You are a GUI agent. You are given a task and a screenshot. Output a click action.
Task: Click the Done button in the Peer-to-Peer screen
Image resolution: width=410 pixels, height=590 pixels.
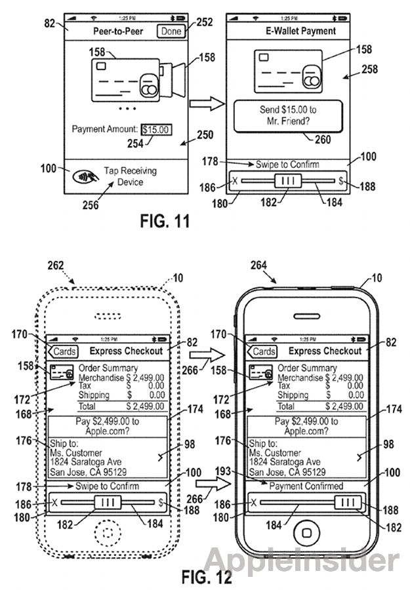coord(171,31)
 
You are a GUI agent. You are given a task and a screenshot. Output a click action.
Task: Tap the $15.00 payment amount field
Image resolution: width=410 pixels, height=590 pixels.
coord(156,130)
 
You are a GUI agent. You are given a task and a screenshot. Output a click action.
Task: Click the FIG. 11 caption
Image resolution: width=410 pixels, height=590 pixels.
coord(165,221)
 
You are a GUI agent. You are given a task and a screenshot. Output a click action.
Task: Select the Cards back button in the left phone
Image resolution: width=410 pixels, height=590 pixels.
coord(65,351)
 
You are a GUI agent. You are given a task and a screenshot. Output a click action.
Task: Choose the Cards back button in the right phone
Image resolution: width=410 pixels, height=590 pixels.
coord(263,351)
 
